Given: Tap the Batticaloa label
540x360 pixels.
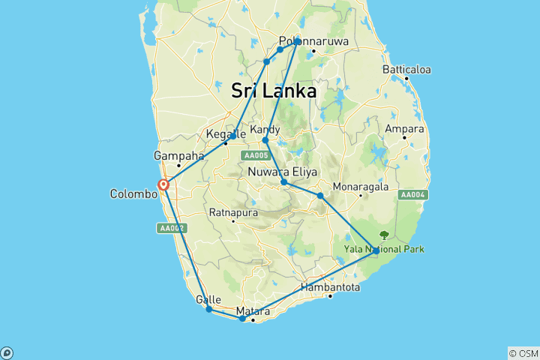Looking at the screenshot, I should [406, 70].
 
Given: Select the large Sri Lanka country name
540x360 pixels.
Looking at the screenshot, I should [273, 91].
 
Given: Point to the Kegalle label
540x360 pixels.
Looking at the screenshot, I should [221, 136].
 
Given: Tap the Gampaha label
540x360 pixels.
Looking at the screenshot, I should [178, 156].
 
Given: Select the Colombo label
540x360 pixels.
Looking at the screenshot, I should [134, 193].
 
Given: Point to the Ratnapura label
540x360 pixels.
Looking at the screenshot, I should [234, 212].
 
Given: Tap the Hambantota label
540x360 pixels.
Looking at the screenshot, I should [329, 286].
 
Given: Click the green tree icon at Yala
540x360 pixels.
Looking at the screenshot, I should [385, 235].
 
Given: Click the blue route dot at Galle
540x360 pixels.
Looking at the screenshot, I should [209, 309].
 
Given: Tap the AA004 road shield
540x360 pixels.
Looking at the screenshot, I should [413, 195].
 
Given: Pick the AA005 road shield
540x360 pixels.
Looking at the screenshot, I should [255, 155].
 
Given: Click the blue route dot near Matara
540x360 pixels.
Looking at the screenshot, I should [241, 319].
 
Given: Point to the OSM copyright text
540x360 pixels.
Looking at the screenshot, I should [523, 352].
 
